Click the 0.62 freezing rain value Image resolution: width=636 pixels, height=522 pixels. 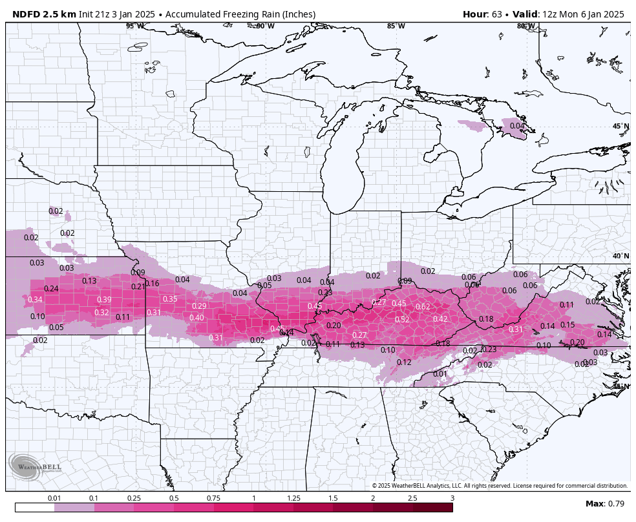pyautogui.click(x=423, y=307)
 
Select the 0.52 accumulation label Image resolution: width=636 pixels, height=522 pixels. pyautogui.click(x=402, y=320)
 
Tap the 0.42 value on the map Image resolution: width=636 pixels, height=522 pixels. pyautogui.click(x=440, y=319)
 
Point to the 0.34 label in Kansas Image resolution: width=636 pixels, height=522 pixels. pyautogui.click(x=35, y=300)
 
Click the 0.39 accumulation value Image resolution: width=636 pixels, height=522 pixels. pyautogui.click(x=104, y=300)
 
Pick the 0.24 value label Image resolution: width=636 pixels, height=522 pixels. pyautogui.click(x=51, y=289)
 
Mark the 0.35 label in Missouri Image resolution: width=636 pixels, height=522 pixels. pyautogui.click(x=170, y=299)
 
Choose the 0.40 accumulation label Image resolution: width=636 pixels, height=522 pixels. pyautogui.click(x=196, y=318)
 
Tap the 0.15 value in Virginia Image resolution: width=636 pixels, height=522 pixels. pyautogui.click(x=567, y=325)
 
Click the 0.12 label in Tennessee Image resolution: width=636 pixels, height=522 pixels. pyautogui.click(x=404, y=362)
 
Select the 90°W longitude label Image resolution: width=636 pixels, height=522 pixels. pyautogui.click(x=265, y=26)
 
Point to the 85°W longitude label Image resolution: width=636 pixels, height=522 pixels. pyautogui.click(x=396, y=26)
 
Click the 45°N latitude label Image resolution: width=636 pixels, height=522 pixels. pyautogui.click(x=620, y=127)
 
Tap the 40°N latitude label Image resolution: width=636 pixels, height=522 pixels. pyautogui.click(x=620, y=256)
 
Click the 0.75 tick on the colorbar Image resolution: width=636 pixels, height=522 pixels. pyautogui.click(x=214, y=498)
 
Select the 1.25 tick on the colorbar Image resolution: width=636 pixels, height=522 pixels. pyautogui.click(x=293, y=498)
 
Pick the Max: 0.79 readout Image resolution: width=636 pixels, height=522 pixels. pyautogui.click(x=605, y=504)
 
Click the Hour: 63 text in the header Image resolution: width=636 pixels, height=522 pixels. pyautogui.click(x=485, y=14)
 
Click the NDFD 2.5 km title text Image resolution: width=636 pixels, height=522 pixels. pyautogui.click(x=44, y=14)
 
